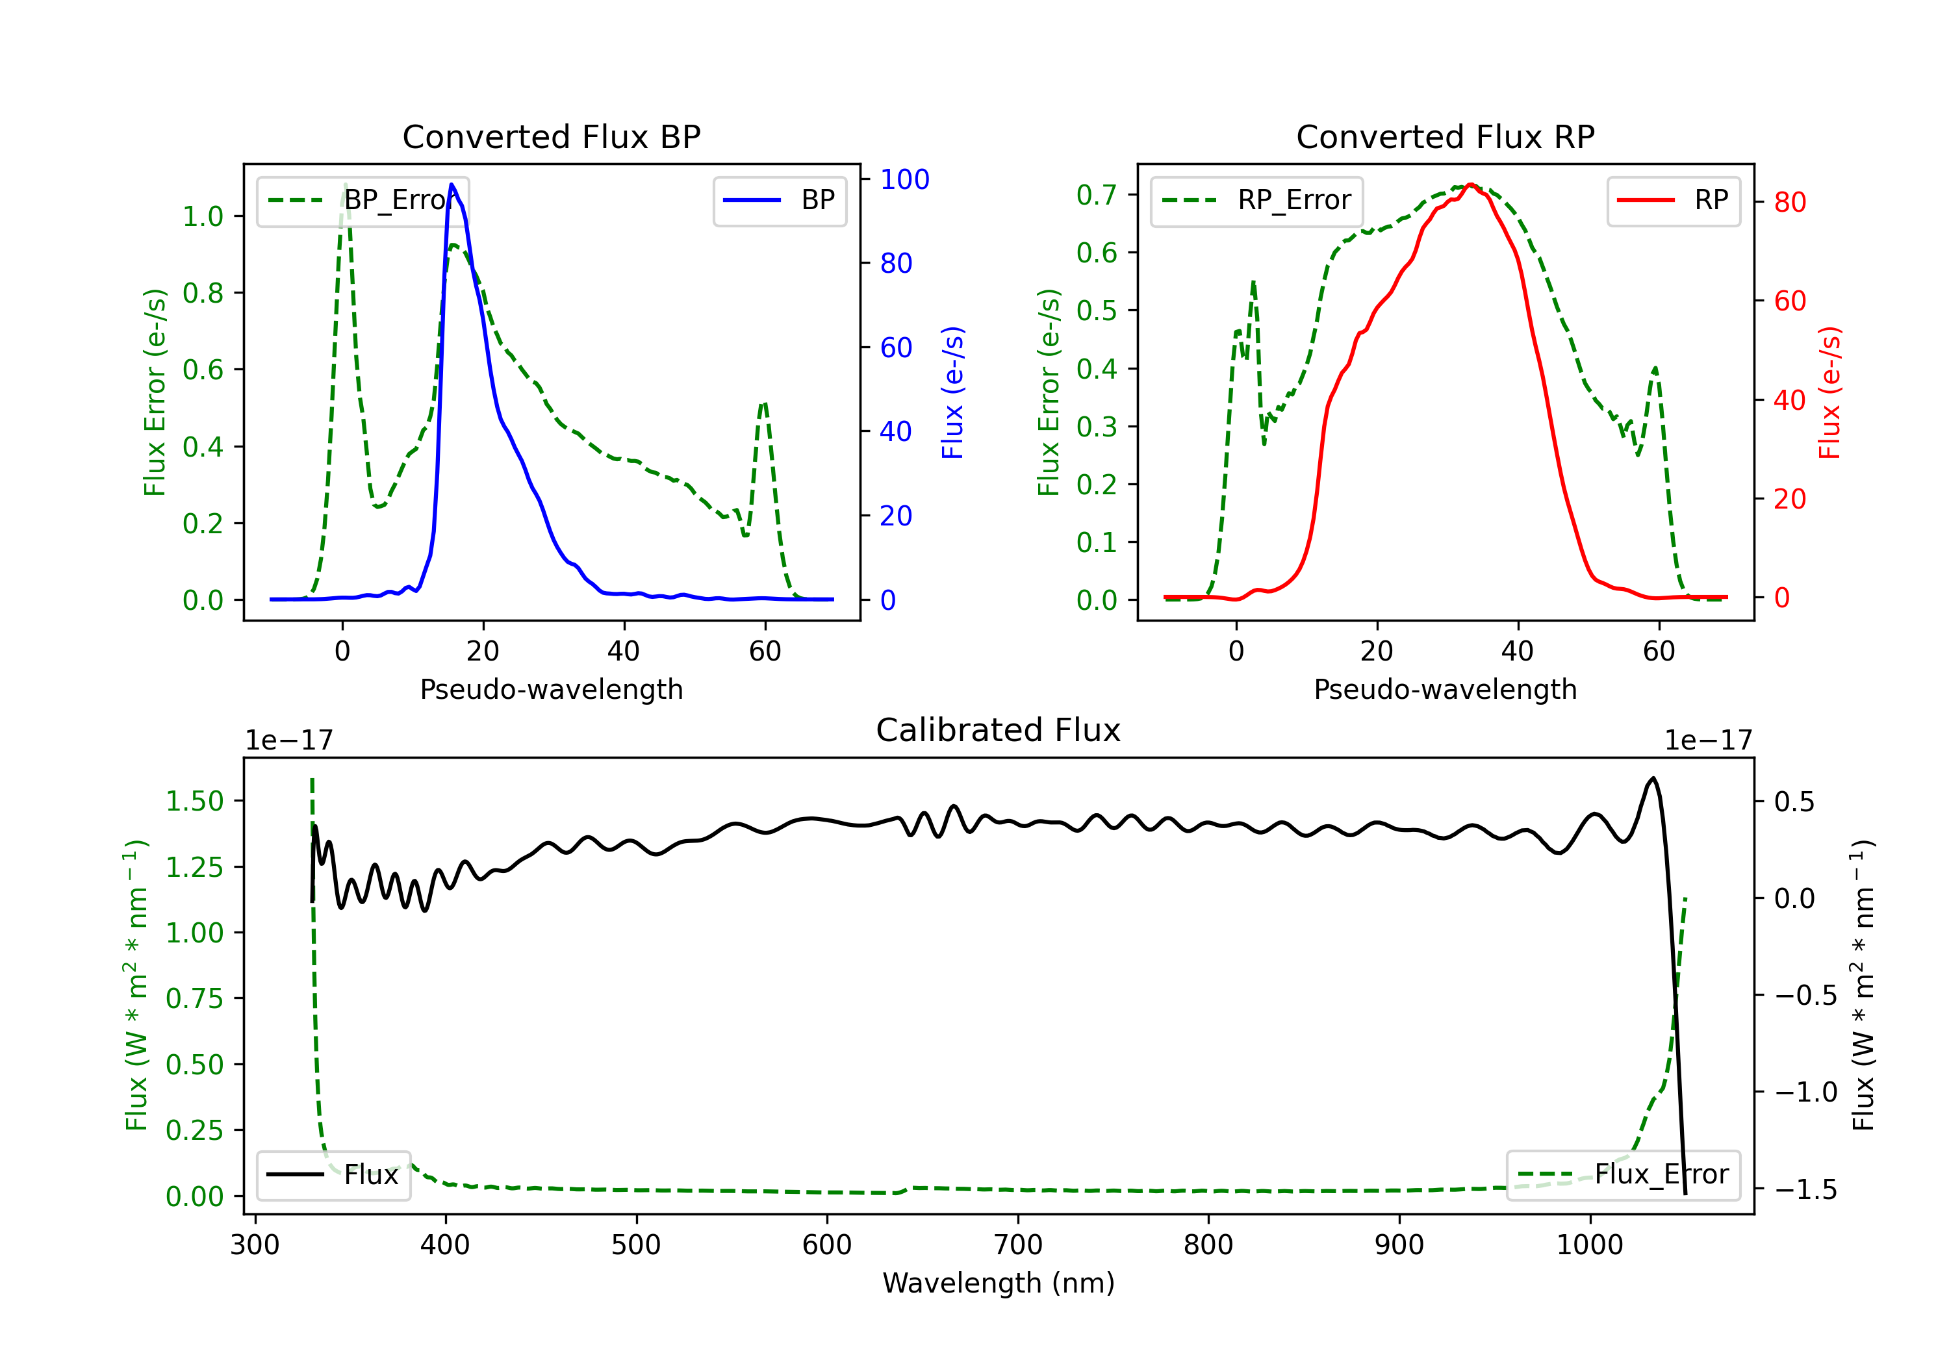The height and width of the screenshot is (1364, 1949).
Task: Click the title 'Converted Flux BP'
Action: pos(551,136)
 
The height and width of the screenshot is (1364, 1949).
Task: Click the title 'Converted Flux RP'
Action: pos(1445,136)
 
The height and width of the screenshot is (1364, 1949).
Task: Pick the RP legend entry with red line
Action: pos(1673,200)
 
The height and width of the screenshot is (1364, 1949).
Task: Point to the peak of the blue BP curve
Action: pos(452,184)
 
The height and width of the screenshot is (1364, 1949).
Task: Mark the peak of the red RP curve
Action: pos(1471,184)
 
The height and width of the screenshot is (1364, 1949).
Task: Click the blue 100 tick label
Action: pos(904,179)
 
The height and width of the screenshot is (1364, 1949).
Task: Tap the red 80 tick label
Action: pos(1789,202)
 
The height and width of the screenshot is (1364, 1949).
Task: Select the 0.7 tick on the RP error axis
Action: pos(1096,196)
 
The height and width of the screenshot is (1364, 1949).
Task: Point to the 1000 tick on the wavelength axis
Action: pos(1589,1245)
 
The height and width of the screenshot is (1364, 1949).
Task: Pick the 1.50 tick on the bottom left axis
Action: pos(194,802)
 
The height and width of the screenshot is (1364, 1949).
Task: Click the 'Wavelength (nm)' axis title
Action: pos(999,1283)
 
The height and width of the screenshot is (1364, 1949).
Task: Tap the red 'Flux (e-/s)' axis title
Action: pos(1829,392)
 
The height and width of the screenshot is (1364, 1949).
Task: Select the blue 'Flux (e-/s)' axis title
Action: pos(952,392)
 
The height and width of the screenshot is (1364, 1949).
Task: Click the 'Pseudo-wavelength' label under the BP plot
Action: pos(551,689)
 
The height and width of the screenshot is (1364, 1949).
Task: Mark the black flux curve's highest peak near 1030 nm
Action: pos(1652,778)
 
